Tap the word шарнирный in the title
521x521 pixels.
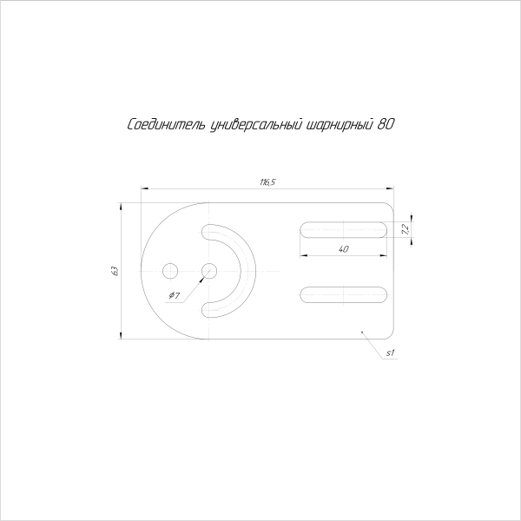point(340,125)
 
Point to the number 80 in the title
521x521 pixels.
point(387,124)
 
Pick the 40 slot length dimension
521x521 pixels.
point(344,249)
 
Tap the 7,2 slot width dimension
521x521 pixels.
point(406,229)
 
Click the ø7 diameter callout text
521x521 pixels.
point(174,296)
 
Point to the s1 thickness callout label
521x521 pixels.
point(391,353)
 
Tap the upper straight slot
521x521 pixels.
point(344,229)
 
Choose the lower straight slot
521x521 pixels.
point(344,295)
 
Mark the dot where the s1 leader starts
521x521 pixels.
point(361,331)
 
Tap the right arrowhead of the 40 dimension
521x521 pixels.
point(385,255)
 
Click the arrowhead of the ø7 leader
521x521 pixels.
point(203,275)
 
